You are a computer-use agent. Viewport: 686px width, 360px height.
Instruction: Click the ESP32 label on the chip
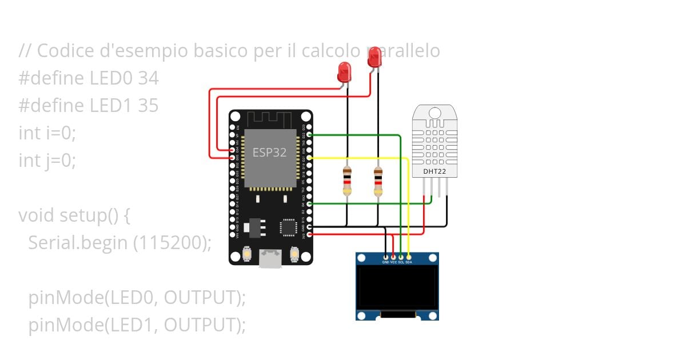click(270, 153)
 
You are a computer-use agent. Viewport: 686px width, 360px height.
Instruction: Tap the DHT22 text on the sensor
click(435, 171)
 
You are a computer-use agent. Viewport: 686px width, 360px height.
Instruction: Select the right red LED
click(374, 58)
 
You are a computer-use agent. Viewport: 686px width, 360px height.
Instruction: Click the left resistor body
click(346, 181)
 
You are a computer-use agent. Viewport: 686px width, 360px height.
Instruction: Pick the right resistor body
click(377, 181)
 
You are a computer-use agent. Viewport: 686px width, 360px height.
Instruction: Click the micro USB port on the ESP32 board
click(270, 258)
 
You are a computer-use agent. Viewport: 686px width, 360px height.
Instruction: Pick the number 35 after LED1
click(148, 106)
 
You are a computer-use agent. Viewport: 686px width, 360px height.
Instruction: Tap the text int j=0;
click(47, 161)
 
